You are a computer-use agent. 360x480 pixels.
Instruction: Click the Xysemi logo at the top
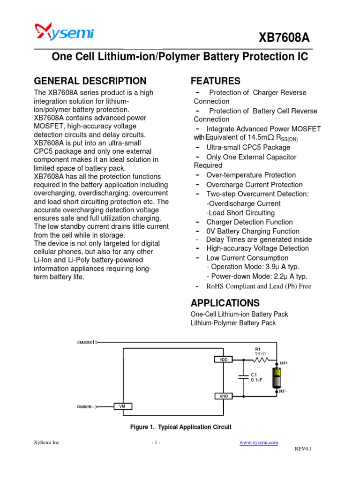coord(65,33)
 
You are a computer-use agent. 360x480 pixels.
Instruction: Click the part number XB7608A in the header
coord(288,38)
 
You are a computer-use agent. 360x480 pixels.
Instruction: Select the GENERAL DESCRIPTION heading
coord(90,81)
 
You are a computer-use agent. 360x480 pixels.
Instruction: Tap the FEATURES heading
coord(215,81)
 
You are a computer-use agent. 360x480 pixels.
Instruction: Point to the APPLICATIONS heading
coord(225,302)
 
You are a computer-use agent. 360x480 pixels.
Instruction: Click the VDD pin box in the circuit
coord(223,360)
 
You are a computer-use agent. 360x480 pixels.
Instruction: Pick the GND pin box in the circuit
coord(223,396)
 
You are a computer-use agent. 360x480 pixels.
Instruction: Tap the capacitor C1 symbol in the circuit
coord(243,378)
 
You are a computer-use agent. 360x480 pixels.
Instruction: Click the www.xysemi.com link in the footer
coord(259,442)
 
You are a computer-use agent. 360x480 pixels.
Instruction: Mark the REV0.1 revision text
coord(303,449)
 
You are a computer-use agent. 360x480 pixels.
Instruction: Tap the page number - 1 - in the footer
coord(156,442)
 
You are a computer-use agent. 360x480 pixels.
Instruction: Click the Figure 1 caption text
coord(180,427)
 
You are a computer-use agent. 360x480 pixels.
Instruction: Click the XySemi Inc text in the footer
coord(46,442)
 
